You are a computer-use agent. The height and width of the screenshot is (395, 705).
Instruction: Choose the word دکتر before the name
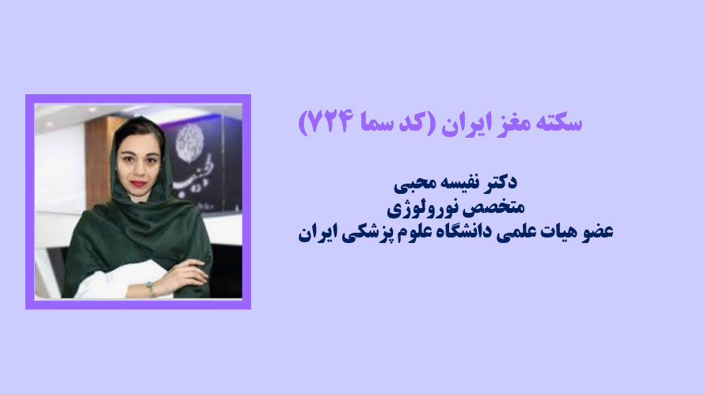(499, 181)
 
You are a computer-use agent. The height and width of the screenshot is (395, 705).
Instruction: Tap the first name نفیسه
(458, 182)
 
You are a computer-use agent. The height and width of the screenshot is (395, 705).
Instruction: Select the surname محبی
(413, 183)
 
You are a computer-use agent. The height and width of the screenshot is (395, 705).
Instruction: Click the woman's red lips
(138, 184)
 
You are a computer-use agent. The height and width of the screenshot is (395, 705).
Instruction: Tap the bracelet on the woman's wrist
(151, 288)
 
